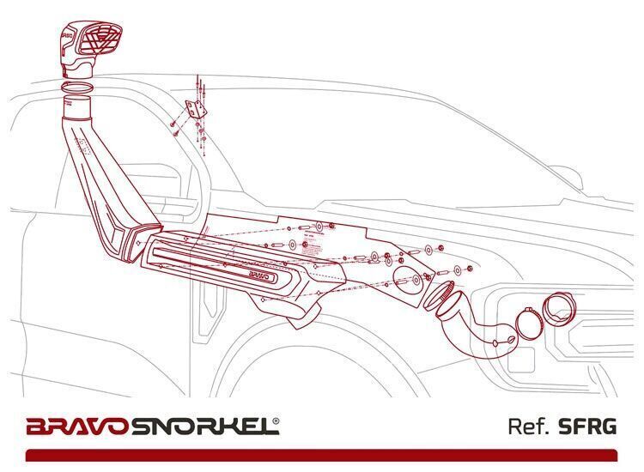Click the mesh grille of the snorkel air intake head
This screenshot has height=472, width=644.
[x=101, y=43]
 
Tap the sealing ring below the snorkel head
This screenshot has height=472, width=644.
[x=76, y=88]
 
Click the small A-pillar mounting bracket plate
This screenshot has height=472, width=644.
[x=197, y=109]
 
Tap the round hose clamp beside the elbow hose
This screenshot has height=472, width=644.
[x=530, y=323]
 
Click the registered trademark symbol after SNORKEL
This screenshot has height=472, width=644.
[x=276, y=421]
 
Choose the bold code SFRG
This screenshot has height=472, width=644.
[x=587, y=427]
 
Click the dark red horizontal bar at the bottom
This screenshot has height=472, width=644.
[x=321, y=455]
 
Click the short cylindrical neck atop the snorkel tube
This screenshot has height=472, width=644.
[x=77, y=106]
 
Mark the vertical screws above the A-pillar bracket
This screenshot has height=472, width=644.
[x=200, y=87]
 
